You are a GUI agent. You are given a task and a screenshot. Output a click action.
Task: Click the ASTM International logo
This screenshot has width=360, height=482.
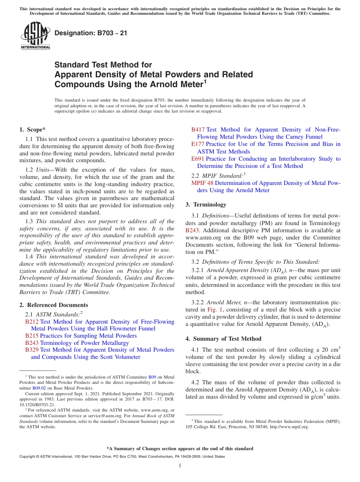tap(35, 36)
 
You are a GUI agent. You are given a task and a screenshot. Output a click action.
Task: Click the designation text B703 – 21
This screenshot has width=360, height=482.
tap(91, 33)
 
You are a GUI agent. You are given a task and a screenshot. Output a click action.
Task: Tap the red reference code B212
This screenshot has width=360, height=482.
tap(32, 322)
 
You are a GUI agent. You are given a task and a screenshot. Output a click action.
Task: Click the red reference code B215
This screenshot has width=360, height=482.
tap(32, 336)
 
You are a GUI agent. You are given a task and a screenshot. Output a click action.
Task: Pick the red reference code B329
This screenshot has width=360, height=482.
tap(32, 350)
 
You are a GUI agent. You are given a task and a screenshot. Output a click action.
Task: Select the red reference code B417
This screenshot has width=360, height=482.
tap(198, 130)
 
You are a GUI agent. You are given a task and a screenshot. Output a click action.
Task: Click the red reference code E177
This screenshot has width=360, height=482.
tap(198, 144)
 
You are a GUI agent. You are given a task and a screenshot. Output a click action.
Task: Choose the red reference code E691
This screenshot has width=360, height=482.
tap(198, 159)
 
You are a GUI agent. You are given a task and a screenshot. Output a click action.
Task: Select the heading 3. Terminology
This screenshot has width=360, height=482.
tap(206, 205)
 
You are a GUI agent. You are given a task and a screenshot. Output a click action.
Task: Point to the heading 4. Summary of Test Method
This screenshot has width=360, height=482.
tap(223, 339)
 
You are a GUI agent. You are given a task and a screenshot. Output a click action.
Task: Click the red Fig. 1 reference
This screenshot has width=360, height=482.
tap(214, 310)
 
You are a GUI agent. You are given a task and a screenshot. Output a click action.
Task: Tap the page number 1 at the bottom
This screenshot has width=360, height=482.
tap(180, 465)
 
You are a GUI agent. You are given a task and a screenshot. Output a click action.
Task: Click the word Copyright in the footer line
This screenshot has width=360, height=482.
tap(28, 457)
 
